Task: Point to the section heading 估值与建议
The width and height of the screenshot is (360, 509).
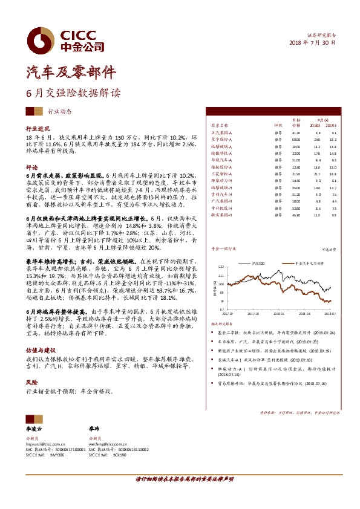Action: (x=41, y=350)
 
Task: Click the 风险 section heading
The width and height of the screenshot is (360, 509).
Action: (x=32, y=383)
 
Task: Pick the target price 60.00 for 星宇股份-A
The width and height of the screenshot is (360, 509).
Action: (x=296, y=139)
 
